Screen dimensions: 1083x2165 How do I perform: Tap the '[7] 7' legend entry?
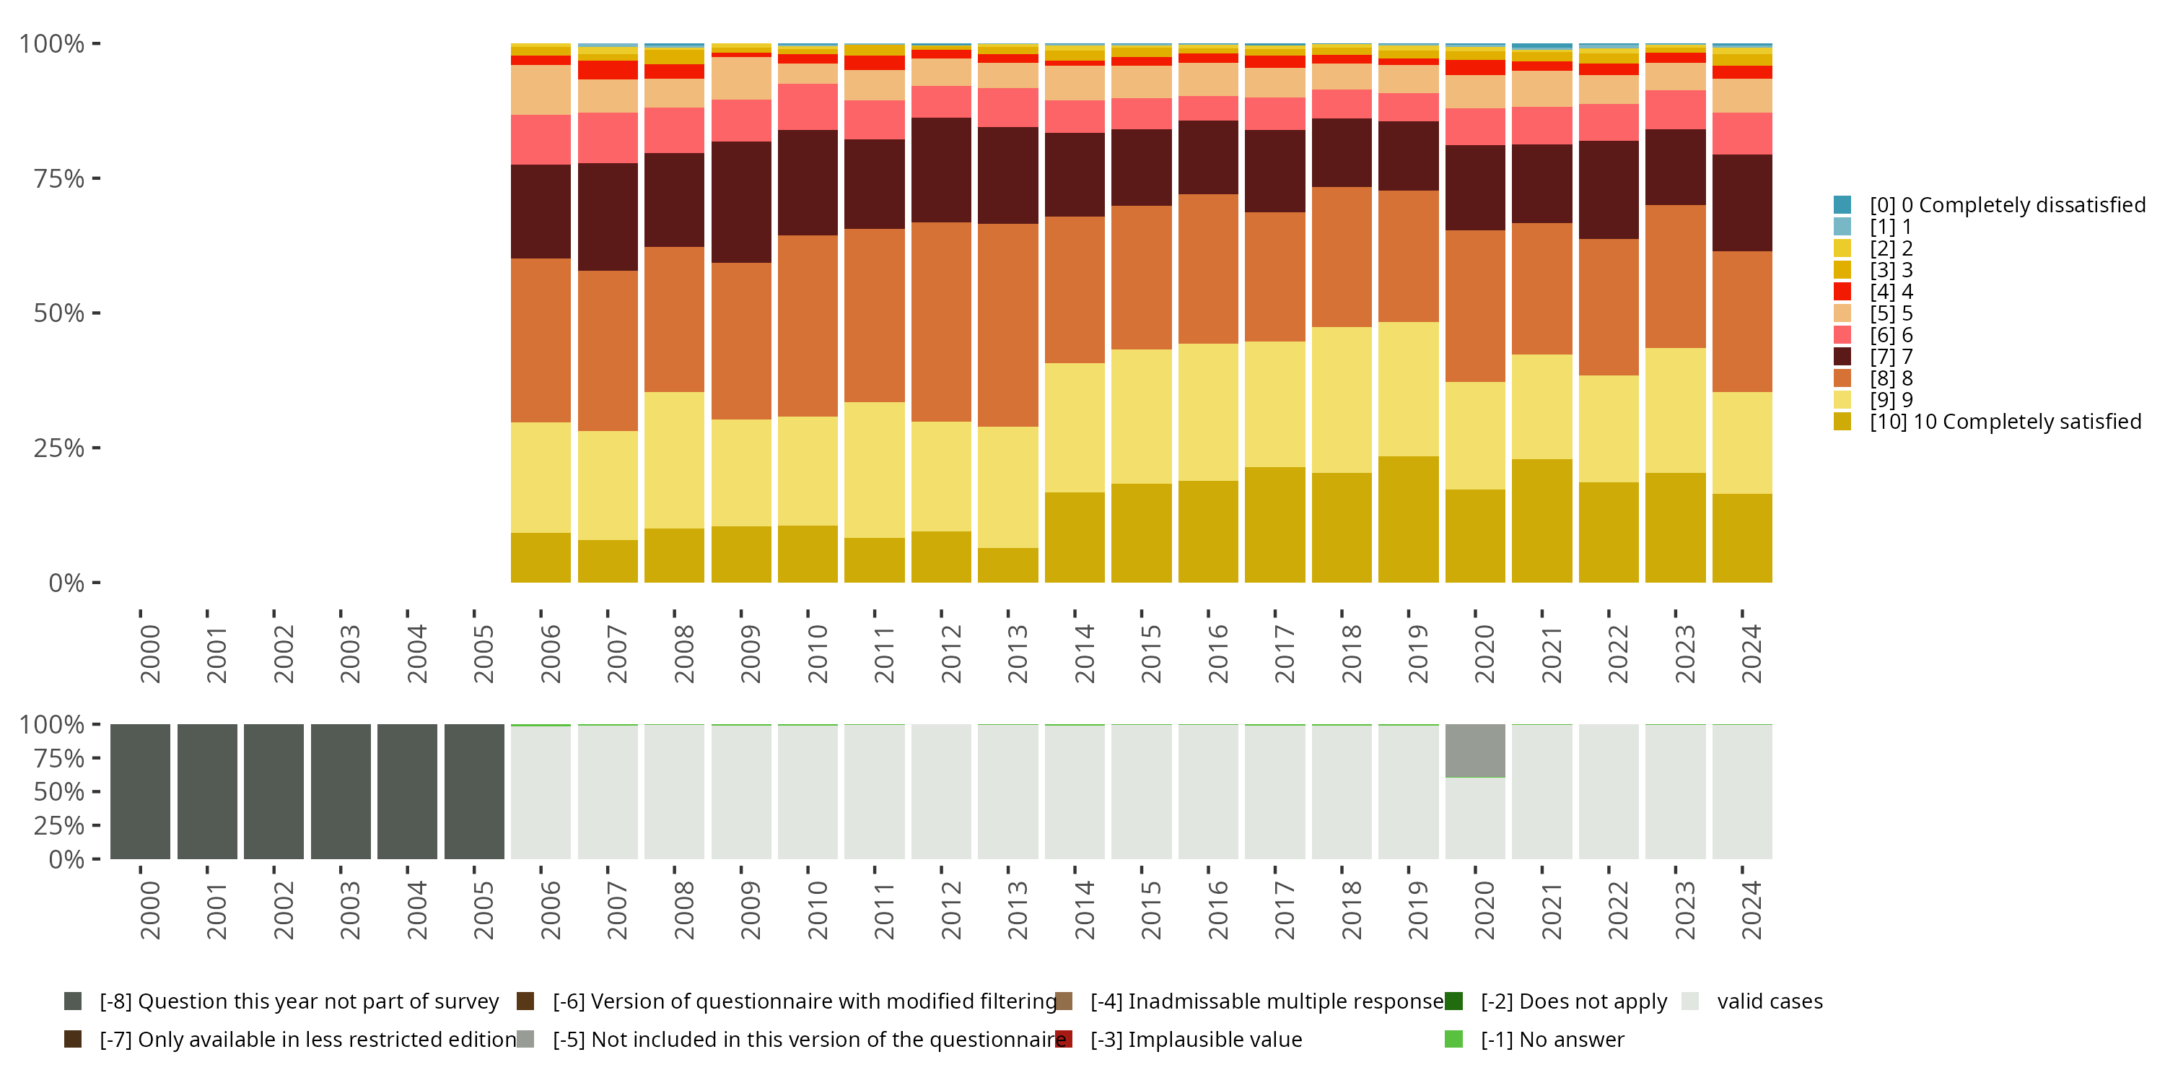click(x=1890, y=357)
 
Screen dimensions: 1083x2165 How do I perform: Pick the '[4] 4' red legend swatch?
click(x=1842, y=292)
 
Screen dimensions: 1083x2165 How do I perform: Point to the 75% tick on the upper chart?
click(x=59, y=178)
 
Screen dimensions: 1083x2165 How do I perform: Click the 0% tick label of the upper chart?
click(x=66, y=583)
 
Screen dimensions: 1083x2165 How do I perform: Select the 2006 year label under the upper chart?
click(x=551, y=653)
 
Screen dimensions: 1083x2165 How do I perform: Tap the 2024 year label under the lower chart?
click(x=1751, y=910)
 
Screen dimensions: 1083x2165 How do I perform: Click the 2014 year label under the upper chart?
click(x=1084, y=653)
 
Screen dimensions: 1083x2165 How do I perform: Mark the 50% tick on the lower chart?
click(x=59, y=792)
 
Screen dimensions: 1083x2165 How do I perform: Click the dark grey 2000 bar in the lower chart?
click(x=140, y=791)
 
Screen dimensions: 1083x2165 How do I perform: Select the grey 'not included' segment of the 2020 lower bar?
click(x=1475, y=750)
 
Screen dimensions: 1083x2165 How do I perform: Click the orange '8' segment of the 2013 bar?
click(x=1007, y=325)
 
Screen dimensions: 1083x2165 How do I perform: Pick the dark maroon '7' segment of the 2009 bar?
click(x=741, y=202)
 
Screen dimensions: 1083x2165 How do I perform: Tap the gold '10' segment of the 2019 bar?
click(x=1409, y=519)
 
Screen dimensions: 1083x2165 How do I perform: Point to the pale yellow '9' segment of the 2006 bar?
click(x=541, y=477)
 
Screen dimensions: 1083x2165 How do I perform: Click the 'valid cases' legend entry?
click(x=1769, y=1001)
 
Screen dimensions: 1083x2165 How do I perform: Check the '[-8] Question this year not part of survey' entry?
click(x=298, y=1001)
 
